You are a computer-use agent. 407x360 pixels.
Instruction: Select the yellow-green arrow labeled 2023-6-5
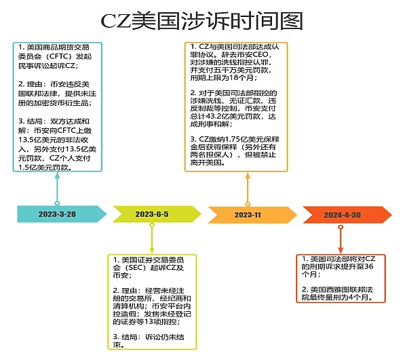click(x=153, y=214)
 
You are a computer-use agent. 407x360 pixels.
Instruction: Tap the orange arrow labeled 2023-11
click(x=248, y=214)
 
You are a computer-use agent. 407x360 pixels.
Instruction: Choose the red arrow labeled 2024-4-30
click(x=343, y=214)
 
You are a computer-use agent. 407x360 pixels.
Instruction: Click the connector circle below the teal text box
click(x=57, y=203)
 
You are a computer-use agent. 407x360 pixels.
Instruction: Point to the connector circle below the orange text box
click(x=248, y=203)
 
